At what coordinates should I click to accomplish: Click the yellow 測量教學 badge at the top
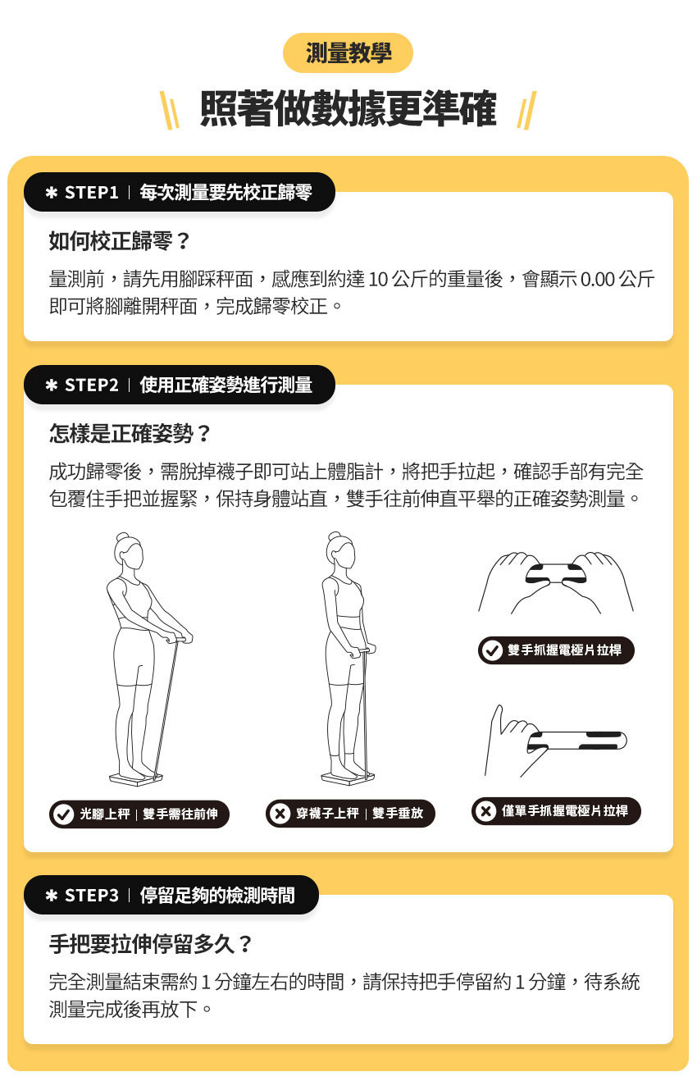(x=348, y=53)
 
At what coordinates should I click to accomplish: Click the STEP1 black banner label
(x=179, y=193)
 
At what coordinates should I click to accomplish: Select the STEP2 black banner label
(x=179, y=385)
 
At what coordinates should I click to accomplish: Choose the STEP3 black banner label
(x=171, y=895)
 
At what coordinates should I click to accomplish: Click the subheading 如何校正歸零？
(x=120, y=241)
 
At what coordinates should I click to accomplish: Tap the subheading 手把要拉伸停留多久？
(x=152, y=944)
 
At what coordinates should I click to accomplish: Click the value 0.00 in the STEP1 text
(x=597, y=279)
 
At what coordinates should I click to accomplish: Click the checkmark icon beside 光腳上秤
(x=62, y=814)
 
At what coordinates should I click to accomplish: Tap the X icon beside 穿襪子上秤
(x=280, y=814)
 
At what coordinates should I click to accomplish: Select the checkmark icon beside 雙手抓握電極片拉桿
(x=492, y=650)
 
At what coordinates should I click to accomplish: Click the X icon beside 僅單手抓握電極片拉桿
(x=486, y=811)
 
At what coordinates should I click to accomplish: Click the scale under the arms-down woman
(x=348, y=775)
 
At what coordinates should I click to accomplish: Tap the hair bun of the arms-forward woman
(x=123, y=540)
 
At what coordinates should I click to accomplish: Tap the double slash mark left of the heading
(x=169, y=112)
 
